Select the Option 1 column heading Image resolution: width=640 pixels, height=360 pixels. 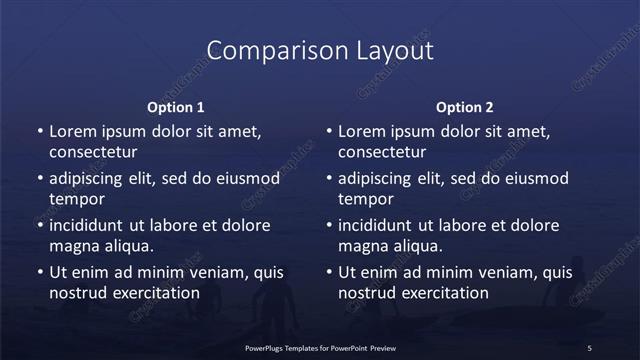coord(176,107)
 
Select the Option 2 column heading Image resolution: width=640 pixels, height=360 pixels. coord(465,107)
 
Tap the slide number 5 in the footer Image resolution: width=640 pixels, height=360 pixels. coord(590,347)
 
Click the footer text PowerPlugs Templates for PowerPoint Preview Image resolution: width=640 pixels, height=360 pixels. coord(320,347)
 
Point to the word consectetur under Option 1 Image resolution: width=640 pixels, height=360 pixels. coord(93,153)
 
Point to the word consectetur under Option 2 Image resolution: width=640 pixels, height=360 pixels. coord(382,153)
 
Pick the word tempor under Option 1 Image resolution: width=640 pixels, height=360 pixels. coord(75,199)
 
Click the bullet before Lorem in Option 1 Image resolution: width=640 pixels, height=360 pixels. coord(39,132)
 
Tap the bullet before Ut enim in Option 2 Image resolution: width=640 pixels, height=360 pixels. coord(328,272)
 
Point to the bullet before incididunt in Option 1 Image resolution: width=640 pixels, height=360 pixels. coord(39,225)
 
